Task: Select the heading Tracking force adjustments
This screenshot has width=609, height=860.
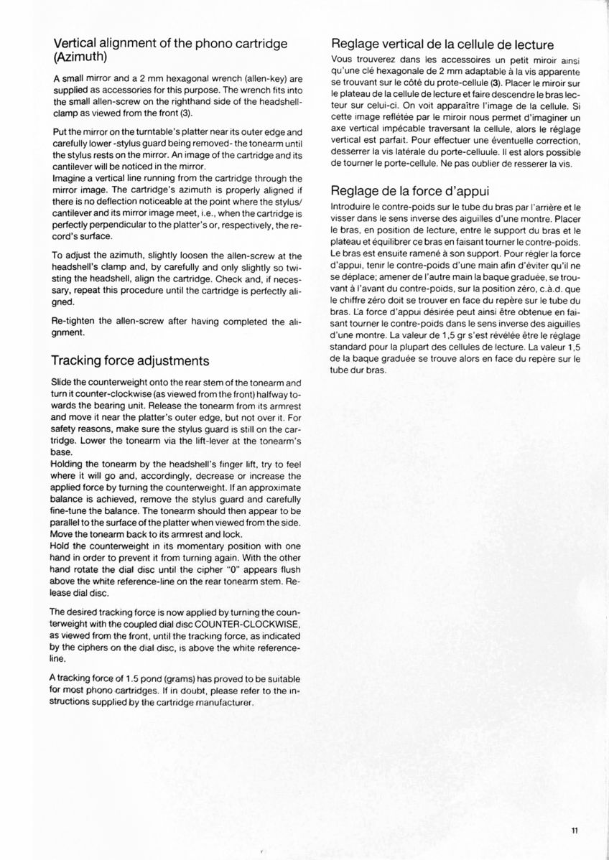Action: [131, 360]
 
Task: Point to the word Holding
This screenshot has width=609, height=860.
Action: [71, 464]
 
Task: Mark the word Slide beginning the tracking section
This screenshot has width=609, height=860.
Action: [65, 383]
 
